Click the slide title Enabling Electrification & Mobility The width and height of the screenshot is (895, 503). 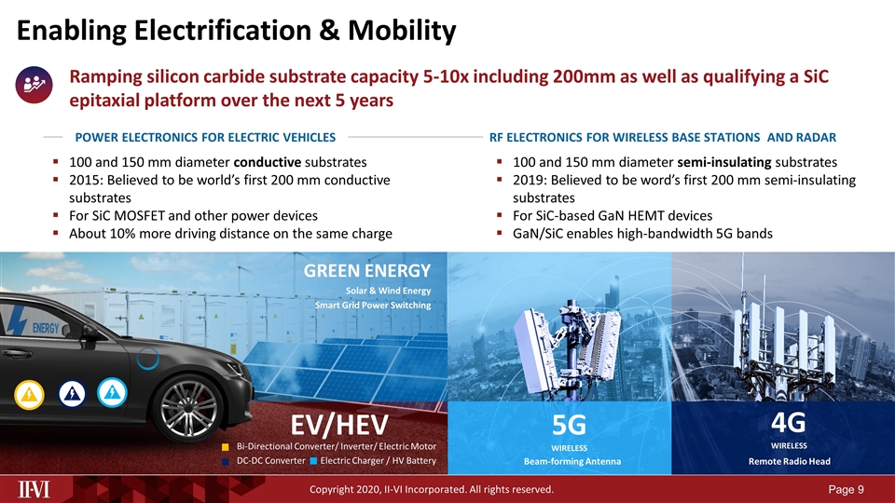[x=236, y=31]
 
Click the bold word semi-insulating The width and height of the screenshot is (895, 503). [x=728, y=160]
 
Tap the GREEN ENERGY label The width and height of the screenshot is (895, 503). [x=367, y=270]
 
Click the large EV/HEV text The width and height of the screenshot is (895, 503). [x=338, y=426]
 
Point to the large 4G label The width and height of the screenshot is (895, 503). [x=788, y=422]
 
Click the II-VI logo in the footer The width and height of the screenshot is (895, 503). [x=37, y=489]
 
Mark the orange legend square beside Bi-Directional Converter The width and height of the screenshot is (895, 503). [x=225, y=447]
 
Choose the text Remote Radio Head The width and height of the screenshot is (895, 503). [x=788, y=462]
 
